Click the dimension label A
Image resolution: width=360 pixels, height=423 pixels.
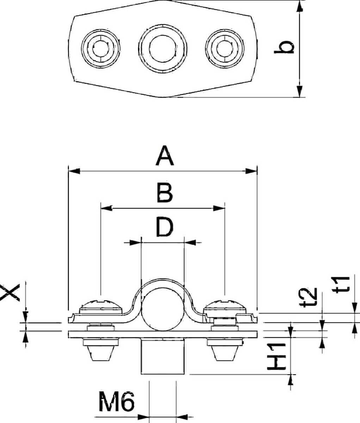pos(165,156)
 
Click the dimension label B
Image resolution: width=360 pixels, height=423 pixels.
pos(165,193)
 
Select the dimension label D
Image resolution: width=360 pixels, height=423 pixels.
pos(165,227)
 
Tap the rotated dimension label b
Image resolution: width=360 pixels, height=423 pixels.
pos(284,47)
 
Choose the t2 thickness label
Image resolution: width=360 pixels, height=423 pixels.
pos(308,298)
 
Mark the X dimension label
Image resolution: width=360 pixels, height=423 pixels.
pos(10,293)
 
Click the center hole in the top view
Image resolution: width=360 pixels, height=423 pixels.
pos(163,49)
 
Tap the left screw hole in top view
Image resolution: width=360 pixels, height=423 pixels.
pos(101,49)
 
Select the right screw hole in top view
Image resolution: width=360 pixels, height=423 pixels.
pos(225,49)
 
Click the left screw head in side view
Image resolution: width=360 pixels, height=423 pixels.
pos(101,307)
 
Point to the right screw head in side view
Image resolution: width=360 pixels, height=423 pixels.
pos(225,307)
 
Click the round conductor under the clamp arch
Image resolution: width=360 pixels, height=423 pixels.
pos(163,309)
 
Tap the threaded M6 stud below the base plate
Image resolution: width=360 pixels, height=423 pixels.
pos(163,356)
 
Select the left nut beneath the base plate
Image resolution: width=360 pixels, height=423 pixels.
pos(101,350)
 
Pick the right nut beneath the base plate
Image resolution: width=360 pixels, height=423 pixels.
pos(225,350)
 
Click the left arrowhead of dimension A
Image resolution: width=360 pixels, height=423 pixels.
pos(74,171)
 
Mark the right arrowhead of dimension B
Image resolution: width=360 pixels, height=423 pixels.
pos(219,209)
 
